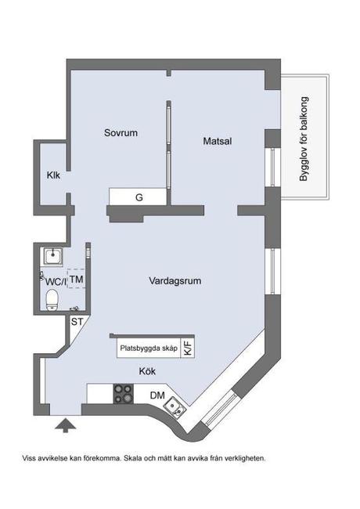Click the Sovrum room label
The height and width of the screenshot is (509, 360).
coord(121,133)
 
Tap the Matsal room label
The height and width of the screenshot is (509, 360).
coord(218,142)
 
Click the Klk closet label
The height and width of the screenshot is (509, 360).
coord(53,175)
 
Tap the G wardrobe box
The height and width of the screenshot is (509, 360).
coord(139,197)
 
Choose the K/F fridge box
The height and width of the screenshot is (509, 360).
coord(188,348)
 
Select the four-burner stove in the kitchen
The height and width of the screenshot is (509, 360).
coord(124,394)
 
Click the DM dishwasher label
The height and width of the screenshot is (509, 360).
coord(157,395)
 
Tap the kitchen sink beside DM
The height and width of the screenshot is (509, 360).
coord(177,407)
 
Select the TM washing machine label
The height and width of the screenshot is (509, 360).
coord(77,279)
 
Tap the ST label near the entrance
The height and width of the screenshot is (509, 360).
coord(77,321)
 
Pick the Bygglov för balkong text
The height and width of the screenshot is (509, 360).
coord(304,139)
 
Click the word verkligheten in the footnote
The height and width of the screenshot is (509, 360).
coord(243,458)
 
